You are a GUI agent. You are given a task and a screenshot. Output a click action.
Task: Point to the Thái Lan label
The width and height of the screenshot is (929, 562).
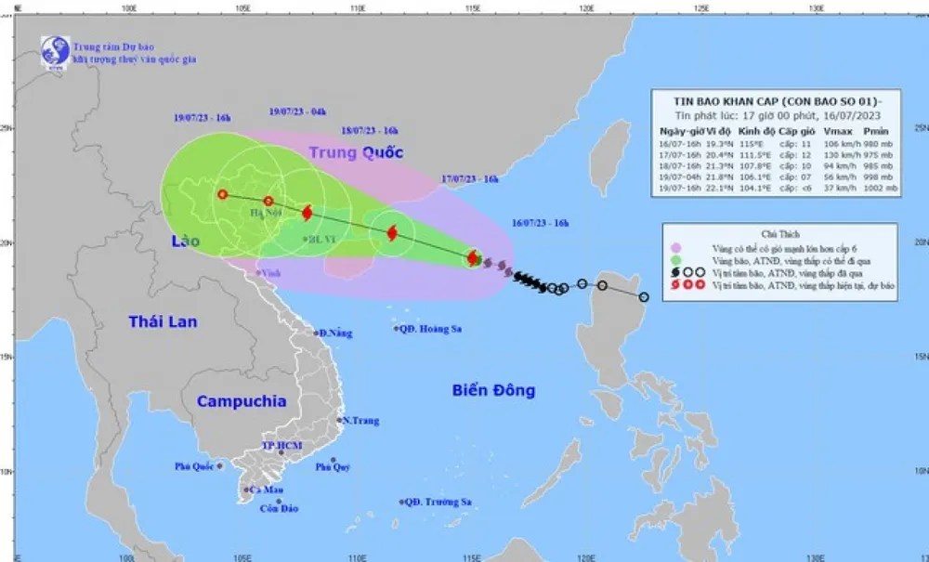[163, 321]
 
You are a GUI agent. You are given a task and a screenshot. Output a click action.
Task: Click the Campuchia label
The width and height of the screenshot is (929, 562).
[241, 401]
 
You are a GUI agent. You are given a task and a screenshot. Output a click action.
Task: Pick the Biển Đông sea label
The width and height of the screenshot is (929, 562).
[493, 390]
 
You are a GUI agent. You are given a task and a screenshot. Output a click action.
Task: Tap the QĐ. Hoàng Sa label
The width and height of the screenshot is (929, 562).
[432, 328]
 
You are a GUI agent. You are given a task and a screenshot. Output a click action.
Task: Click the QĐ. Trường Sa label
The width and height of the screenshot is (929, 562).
[436, 502]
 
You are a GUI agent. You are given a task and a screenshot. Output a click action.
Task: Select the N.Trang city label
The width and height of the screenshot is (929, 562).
[360, 421]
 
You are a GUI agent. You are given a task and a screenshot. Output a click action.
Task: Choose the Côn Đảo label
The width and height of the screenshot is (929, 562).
[279, 508]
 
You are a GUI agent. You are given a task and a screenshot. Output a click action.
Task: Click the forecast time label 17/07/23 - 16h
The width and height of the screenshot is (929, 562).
[470, 179]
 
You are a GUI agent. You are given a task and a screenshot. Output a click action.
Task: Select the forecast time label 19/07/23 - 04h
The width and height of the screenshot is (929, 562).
[297, 111]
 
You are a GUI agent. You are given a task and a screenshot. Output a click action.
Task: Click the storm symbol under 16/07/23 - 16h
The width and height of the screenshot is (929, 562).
[473, 258]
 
